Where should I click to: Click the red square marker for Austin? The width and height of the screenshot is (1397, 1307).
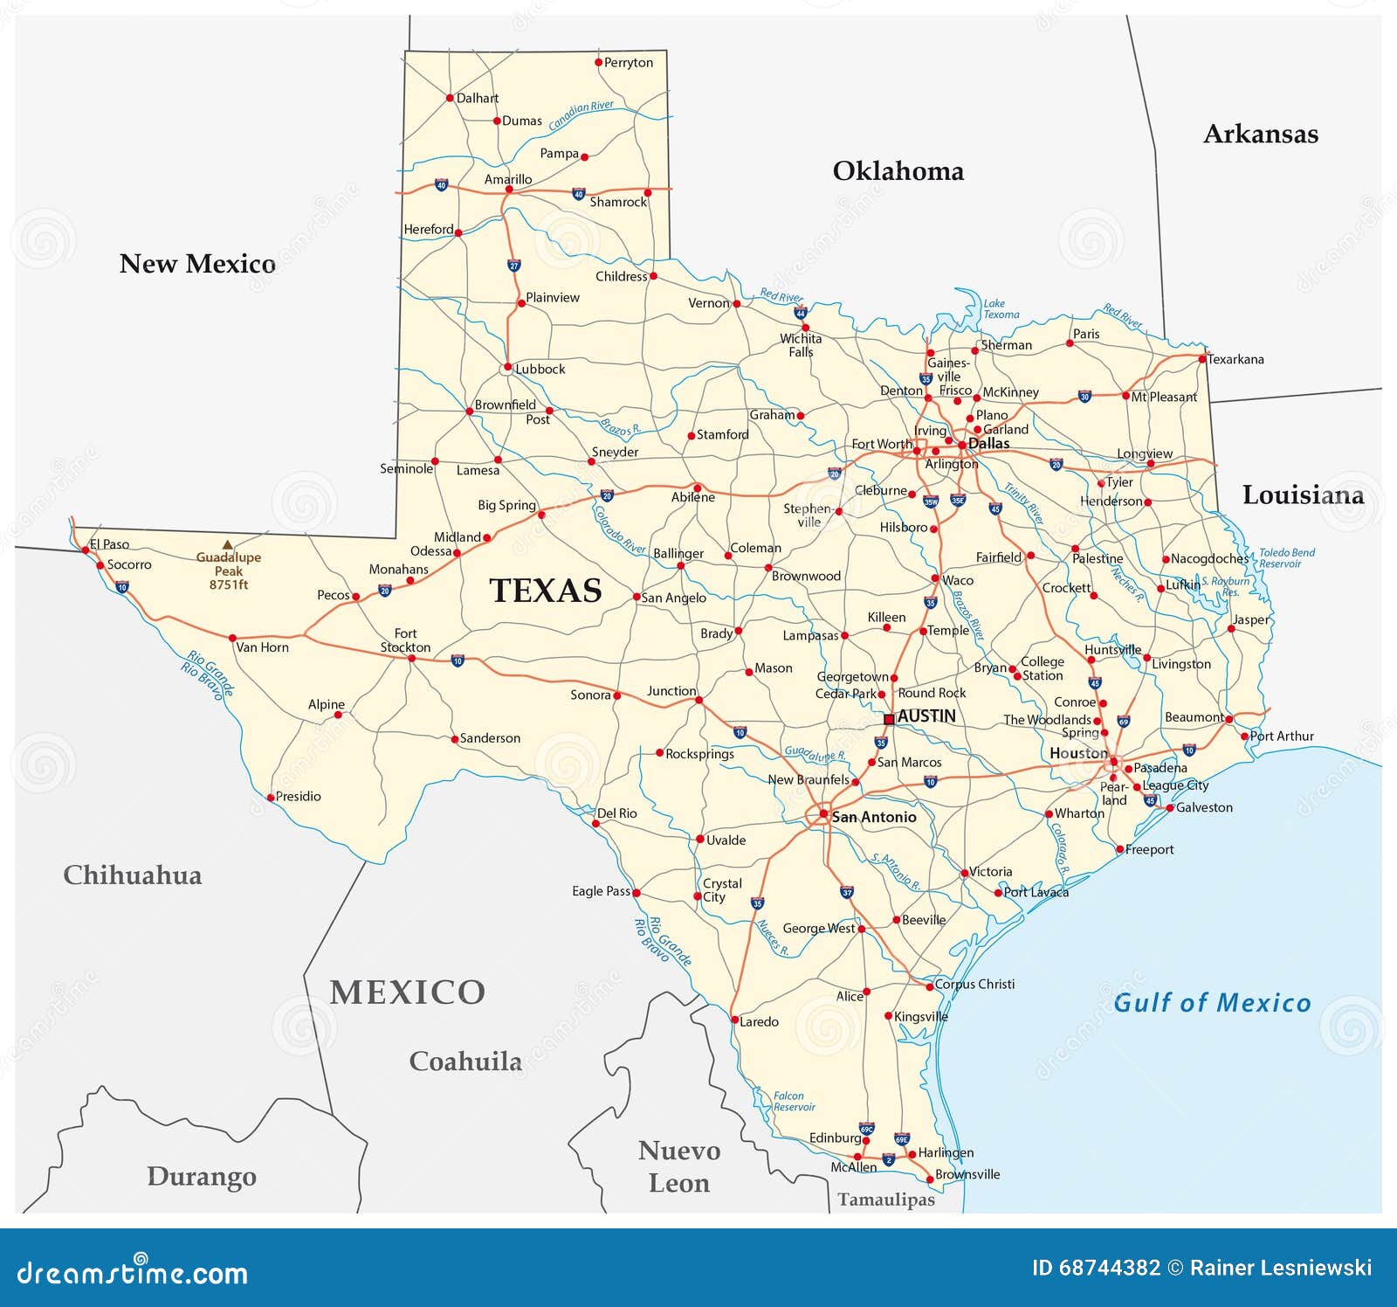pos(889,719)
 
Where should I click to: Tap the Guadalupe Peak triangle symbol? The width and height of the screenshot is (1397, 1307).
pos(227,544)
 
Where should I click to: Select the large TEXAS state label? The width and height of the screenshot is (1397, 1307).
pos(546,591)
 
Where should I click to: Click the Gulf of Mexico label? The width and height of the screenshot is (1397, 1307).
pos(1212,1003)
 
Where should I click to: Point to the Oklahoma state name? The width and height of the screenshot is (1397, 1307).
pos(898,171)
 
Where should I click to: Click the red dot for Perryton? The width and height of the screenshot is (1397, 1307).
pos(599,62)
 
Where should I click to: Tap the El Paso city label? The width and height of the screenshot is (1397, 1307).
pos(110,544)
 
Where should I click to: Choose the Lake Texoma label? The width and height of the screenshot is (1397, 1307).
pos(1001,309)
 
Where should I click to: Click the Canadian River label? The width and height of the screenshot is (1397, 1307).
pos(582,114)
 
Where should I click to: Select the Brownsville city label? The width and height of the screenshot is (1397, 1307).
pos(967,1174)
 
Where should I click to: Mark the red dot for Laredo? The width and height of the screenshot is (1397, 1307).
pos(734,1020)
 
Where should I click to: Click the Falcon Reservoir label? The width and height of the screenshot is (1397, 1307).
pos(793,1101)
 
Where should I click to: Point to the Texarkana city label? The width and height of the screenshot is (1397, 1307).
pos(1235,359)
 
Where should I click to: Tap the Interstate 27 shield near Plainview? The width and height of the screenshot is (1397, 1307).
pos(514,265)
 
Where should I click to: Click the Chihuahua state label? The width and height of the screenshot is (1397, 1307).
pos(133,875)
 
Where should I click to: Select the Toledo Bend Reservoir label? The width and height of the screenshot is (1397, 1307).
pos(1285,557)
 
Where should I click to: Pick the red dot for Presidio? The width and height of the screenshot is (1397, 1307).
pos(271,797)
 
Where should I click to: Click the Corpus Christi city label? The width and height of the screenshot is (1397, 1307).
pos(974,984)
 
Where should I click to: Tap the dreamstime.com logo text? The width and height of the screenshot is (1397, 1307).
pos(133,1272)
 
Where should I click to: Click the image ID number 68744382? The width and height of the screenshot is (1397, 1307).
pos(1109,1268)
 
